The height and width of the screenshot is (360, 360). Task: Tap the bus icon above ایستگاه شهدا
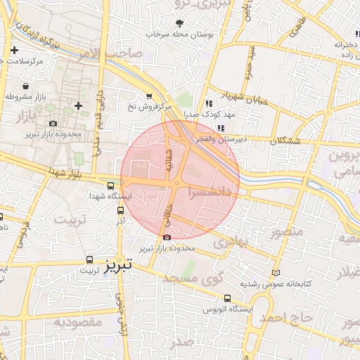[x=110, y=186]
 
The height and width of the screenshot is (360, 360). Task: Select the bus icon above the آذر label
[x=121, y=210]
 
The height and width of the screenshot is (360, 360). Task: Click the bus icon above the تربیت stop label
[x=89, y=259]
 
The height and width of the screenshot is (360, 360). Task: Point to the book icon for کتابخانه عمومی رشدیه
[x=275, y=273]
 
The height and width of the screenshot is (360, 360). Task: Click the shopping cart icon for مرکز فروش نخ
[x=148, y=96]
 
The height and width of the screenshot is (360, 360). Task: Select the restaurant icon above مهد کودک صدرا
[x=208, y=103]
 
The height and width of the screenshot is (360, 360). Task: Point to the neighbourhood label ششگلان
[x=285, y=141]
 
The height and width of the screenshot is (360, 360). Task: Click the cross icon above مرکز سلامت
[x=15, y=50]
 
